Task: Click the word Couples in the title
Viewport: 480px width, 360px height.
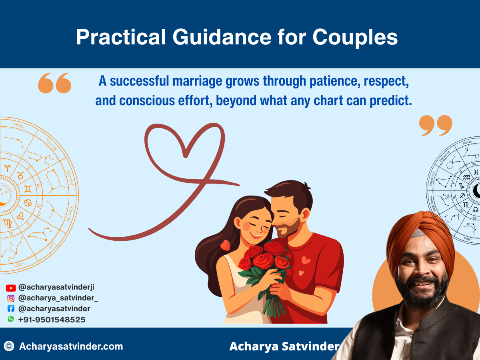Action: coord(355,37)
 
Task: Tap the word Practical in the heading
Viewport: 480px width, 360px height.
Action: coord(121,37)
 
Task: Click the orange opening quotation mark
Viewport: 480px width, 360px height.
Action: coord(54,83)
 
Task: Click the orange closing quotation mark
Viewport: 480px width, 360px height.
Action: coord(436,126)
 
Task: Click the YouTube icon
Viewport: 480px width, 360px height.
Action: coord(11,288)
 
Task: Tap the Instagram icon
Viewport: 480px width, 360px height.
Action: coord(11,298)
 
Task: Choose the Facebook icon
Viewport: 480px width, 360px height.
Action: coord(11,309)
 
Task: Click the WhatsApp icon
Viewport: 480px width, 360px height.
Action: coord(11,319)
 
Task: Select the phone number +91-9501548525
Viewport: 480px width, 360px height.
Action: coord(52,320)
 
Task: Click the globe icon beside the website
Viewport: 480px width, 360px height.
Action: coord(9,346)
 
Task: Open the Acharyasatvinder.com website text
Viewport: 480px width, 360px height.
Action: coord(71,346)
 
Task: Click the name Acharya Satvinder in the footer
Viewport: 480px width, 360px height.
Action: coord(284,346)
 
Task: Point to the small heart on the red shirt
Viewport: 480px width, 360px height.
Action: coord(306,260)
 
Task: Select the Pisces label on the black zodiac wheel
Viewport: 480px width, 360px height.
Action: coord(467,142)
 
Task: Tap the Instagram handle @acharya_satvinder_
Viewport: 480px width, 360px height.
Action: coord(58,298)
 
